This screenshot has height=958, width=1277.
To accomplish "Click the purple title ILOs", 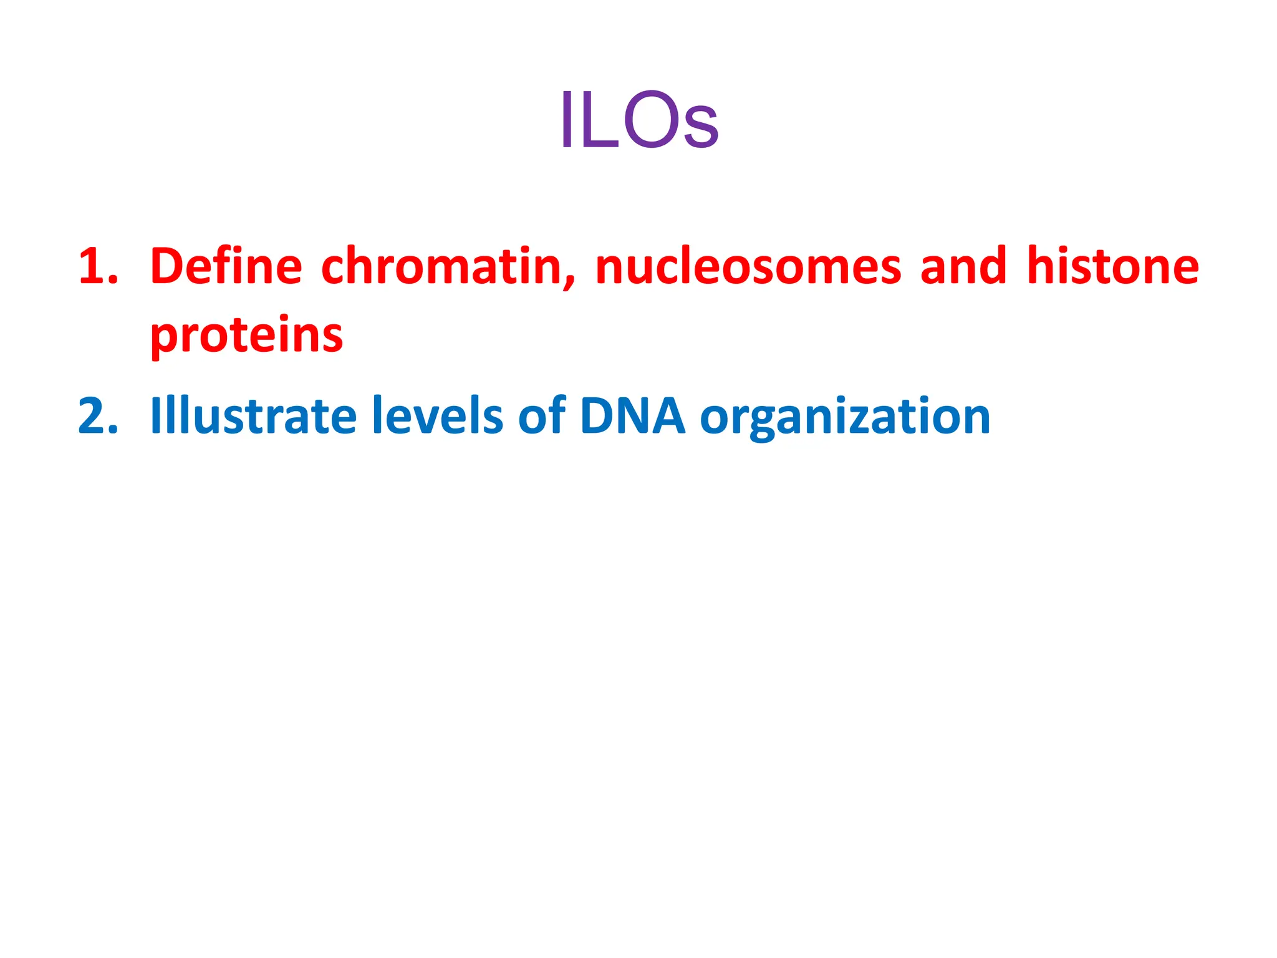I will (x=638, y=120).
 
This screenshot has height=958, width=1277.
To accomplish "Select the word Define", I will (x=226, y=267).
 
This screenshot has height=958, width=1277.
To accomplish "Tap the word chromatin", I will (x=441, y=267).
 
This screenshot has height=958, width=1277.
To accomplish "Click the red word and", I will (x=963, y=267).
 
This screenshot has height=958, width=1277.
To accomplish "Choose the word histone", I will (x=1113, y=267).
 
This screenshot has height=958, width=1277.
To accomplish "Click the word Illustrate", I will (x=253, y=417).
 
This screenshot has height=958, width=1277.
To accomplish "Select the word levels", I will (x=437, y=417).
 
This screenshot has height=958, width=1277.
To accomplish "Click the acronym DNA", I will (x=632, y=417).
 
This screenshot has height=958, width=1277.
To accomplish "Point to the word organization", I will (x=845, y=417).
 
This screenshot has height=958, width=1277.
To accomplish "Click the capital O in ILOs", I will (x=650, y=120).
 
